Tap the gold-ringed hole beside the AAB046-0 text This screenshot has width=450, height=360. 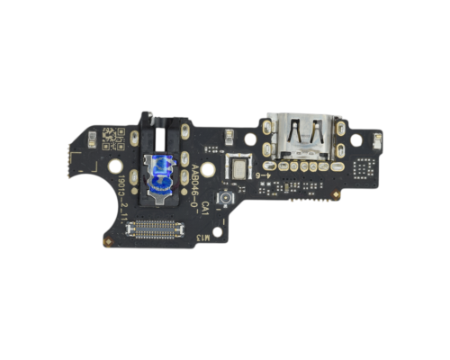click(209, 168)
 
